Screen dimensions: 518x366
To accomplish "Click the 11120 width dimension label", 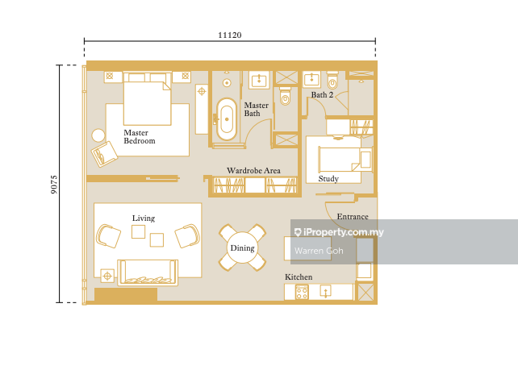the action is point(230,35).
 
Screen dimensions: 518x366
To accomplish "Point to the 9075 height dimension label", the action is point(54,184).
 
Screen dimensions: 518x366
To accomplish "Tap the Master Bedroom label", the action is point(139,136).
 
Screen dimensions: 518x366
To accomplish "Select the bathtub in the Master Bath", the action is point(227,119).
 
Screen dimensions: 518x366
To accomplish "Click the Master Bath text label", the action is point(256,110).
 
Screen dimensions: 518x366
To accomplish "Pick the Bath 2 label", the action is point(322,94).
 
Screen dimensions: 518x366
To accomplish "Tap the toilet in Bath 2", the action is point(332,80).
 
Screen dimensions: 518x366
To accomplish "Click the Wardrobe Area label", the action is point(253,171).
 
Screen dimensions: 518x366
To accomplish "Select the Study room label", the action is point(328,179).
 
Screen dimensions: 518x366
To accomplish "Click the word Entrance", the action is point(353,217).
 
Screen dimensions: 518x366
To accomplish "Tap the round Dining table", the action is point(243,247).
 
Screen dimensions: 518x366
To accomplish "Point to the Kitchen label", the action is point(299,277).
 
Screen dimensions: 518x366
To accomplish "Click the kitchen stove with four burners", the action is point(302,293).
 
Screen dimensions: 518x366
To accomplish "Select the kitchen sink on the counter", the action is point(326,291).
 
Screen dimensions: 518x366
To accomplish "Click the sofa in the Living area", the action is point(148,272).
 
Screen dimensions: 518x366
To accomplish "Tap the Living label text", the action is point(144,218).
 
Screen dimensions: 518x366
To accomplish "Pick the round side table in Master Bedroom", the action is point(98,135).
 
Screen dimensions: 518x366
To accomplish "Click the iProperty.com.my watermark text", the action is point(339,232).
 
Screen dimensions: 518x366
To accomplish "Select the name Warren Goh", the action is point(319,251).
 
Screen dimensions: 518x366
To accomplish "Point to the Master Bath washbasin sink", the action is point(259,80).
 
